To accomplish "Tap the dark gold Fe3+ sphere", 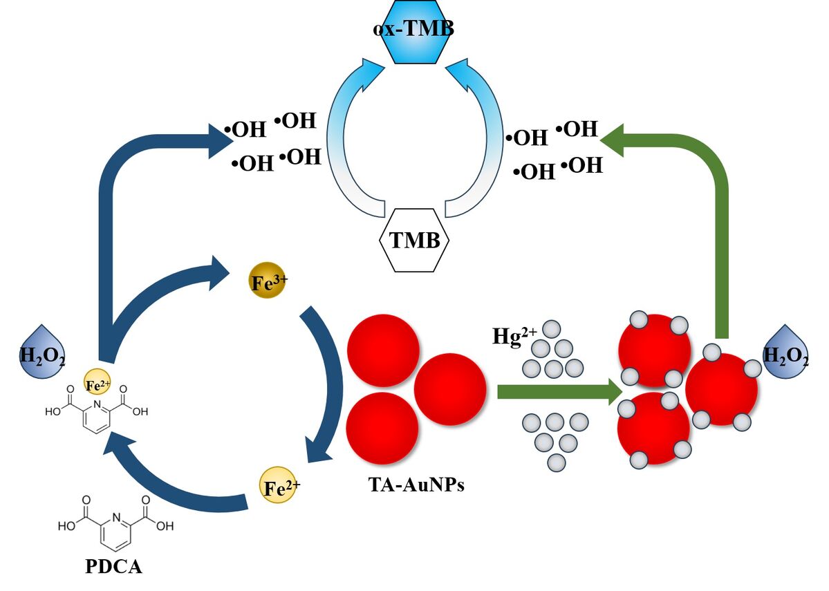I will [267, 282].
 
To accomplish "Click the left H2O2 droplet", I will [42, 353].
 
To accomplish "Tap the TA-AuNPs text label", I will [416, 485].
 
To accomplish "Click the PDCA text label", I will [113, 567].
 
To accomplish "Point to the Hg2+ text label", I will [514, 335].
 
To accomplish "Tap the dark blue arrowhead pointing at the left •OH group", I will [220, 138].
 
